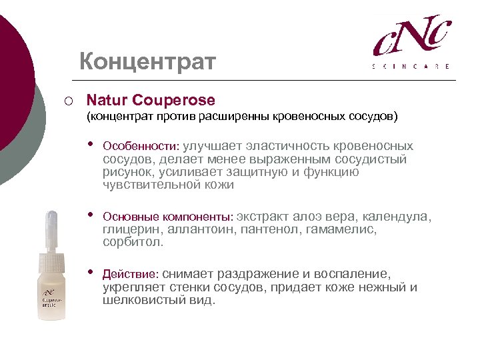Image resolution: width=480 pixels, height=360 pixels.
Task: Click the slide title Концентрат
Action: [147, 62]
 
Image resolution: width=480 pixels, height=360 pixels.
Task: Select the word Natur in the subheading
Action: [107, 101]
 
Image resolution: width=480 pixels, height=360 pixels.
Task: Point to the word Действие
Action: [130, 274]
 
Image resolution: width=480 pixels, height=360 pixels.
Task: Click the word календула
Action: [399, 217]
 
